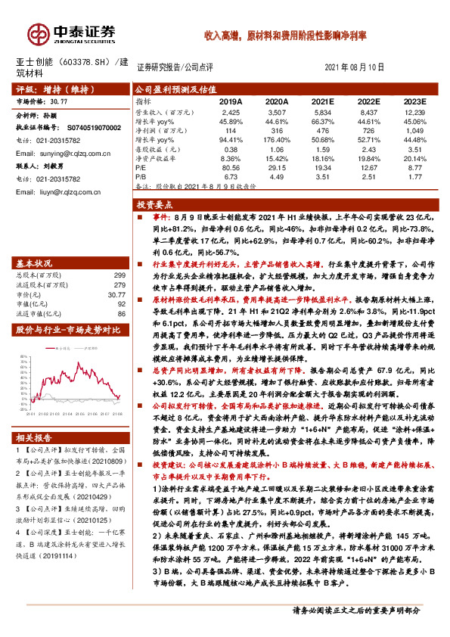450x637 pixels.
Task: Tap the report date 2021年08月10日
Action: click(354, 67)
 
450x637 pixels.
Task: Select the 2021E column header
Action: click(322, 101)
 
